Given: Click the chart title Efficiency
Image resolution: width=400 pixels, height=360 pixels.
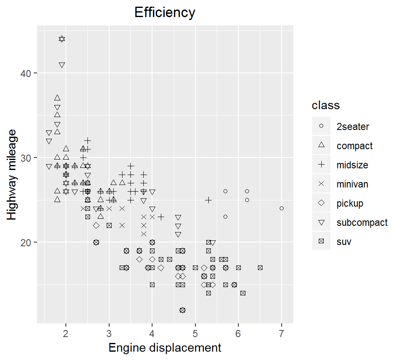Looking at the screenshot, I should pyautogui.click(x=165, y=12).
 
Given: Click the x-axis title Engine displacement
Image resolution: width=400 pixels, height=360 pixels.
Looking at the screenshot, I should pyautogui.click(x=165, y=347).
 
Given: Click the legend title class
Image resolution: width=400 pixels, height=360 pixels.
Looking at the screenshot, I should pyautogui.click(x=326, y=105).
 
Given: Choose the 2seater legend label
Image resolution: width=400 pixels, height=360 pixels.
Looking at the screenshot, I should pyautogui.click(x=352, y=126).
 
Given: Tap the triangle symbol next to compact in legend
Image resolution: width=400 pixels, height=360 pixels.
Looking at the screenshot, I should pyautogui.click(x=321, y=145).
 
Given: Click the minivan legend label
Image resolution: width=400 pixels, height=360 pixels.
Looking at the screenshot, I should pyautogui.click(x=352, y=184).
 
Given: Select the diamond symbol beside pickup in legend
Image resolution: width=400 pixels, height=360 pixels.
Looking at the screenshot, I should pyautogui.click(x=321, y=203).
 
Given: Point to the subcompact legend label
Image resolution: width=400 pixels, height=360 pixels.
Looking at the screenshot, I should pyautogui.click(x=362, y=222).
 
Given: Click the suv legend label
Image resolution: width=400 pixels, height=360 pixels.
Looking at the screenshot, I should pyautogui.click(x=344, y=242).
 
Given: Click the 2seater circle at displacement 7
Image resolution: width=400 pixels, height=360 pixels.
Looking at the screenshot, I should pyautogui.click(x=282, y=208).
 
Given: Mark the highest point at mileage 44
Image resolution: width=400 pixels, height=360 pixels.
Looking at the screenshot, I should pyautogui.click(x=62, y=39).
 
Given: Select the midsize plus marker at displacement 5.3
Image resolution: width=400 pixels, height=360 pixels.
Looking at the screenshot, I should pyautogui.click(x=208, y=200).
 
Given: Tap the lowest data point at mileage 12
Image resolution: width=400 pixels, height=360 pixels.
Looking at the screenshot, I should pyautogui.click(x=182, y=310).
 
